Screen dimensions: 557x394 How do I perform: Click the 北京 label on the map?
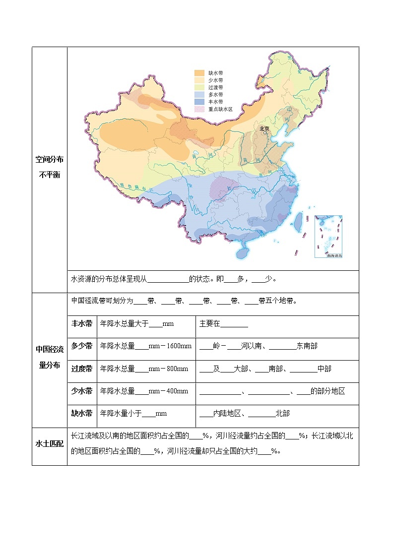[264, 128]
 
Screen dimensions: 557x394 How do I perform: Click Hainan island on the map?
[242, 252]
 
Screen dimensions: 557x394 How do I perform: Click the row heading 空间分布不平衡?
[50, 167]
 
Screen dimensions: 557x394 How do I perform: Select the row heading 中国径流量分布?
[50, 357]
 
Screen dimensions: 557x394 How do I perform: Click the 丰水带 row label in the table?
[82, 324]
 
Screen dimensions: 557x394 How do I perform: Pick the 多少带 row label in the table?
[82, 346]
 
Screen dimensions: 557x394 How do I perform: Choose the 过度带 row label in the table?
[82, 369]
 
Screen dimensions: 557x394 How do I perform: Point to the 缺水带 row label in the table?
[82, 413]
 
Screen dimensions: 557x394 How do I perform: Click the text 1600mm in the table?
[178, 346]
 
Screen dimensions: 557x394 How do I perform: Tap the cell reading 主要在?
[209, 324]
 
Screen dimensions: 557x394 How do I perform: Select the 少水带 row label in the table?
[82, 391]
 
